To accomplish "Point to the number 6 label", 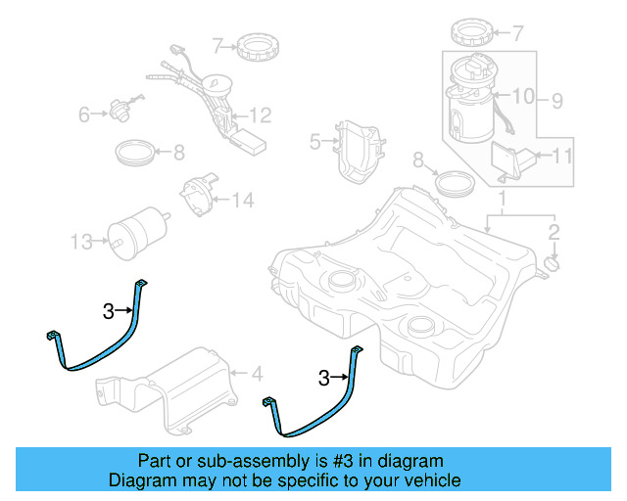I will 85,115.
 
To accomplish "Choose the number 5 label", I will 314,142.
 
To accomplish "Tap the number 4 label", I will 257,373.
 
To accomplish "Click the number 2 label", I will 554,232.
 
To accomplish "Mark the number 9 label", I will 556,99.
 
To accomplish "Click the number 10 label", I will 523,96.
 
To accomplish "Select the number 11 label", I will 562,155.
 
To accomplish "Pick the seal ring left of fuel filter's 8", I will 134,152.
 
